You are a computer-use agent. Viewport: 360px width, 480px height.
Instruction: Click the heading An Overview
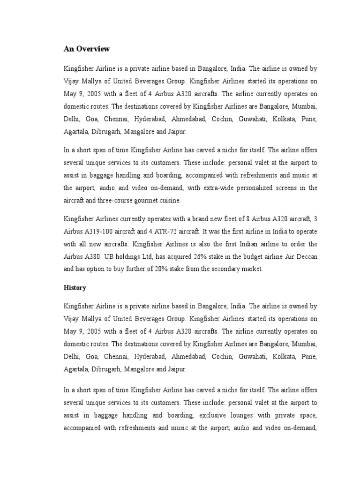[x=87, y=49]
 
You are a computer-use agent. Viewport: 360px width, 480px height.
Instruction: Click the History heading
[x=75, y=287]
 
